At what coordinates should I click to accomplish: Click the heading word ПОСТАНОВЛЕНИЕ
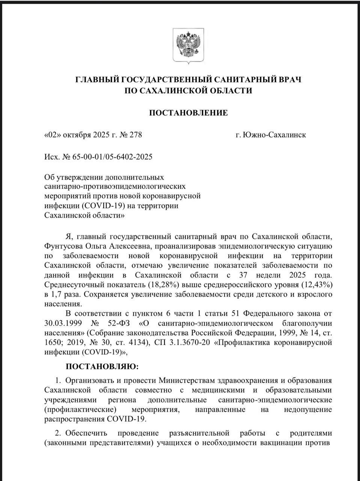pos(188,113)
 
